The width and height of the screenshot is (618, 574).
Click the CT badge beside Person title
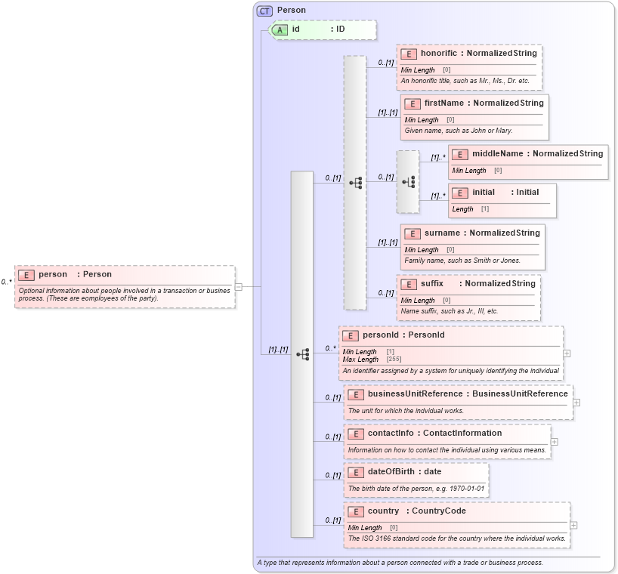click(264, 11)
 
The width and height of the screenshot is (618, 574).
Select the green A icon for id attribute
click(280, 29)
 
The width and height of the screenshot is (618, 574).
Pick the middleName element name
click(498, 154)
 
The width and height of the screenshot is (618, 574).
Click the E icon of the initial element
click(460, 193)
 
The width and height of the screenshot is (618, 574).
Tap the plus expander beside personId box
click(567, 353)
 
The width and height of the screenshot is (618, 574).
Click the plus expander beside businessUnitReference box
click(576, 403)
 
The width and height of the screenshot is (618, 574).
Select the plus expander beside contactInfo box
click(554, 442)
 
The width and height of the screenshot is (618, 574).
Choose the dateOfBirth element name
click(394, 472)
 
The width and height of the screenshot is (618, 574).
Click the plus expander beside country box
click(573, 525)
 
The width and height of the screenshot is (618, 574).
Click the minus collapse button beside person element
click(238, 286)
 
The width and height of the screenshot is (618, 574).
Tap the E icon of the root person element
click(26, 275)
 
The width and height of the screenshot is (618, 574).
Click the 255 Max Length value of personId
click(394, 360)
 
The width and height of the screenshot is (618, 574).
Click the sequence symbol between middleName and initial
click(408, 182)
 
